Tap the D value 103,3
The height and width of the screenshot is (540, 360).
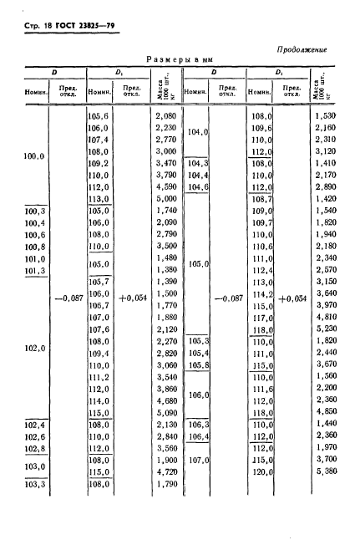33,482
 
